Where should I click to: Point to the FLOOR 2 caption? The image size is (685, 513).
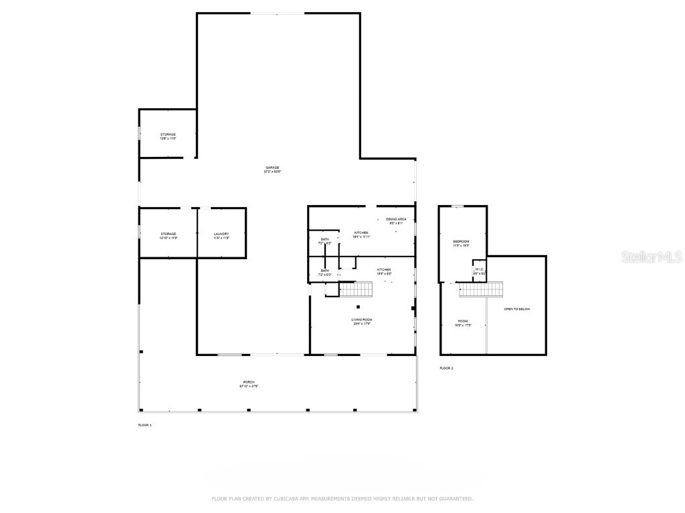point(446,368)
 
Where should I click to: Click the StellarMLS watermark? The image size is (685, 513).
point(651,256)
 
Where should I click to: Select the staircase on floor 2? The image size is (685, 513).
point(481,289)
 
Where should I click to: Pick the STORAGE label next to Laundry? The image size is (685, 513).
point(168,235)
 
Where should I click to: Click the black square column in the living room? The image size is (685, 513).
point(358,307)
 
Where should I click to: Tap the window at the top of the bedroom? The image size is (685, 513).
point(458,206)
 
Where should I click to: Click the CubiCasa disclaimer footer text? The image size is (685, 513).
point(342,498)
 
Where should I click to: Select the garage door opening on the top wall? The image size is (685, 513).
point(278,13)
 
